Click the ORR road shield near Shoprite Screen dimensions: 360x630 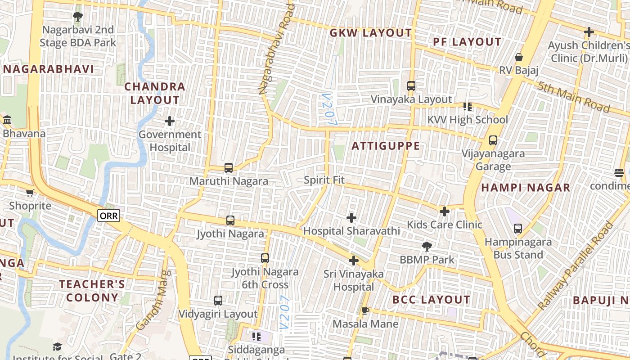point(108,216)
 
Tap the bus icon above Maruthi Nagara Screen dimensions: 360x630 point(229,168)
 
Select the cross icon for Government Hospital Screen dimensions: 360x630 point(170,121)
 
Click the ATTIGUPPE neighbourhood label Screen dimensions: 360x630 point(386,146)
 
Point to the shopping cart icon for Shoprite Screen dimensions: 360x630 point(30,193)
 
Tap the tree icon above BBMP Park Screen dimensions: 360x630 point(427,246)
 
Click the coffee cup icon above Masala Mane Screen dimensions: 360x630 point(365,310)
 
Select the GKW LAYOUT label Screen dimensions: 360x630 point(370,33)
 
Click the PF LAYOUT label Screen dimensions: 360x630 point(467,42)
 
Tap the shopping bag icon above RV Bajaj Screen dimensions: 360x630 point(519,57)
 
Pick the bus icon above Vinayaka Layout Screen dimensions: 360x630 point(411,86)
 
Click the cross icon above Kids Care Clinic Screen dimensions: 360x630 point(445,211)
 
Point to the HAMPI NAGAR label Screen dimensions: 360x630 point(526,188)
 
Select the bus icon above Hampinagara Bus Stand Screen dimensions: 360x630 point(518,229)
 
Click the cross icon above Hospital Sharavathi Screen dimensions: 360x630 point(351,218)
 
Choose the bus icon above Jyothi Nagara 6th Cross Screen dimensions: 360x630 point(265,258)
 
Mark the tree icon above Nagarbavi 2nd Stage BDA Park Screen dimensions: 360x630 point(78,17)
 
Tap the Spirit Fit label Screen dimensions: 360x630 point(324,180)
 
